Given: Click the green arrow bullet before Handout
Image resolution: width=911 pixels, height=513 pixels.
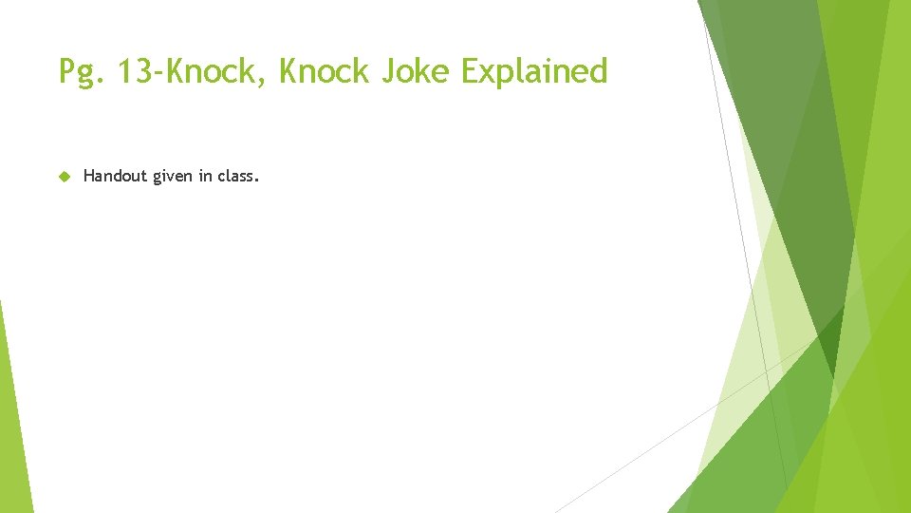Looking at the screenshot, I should click(x=65, y=176).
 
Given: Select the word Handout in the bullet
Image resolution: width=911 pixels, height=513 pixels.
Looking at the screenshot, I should click(x=115, y=176).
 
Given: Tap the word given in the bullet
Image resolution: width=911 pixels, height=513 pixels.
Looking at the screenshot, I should click(x=173, y=177).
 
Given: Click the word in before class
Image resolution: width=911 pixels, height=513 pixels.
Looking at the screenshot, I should click(x=205, y=176).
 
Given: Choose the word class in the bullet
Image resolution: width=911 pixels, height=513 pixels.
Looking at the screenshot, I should click(x=234, y=176).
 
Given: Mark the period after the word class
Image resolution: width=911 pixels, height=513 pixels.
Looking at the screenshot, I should click(x=256, y=180).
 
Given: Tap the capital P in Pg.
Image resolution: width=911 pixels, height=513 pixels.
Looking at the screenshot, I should click(x=66, y=70).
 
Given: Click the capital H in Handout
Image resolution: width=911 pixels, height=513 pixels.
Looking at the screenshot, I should click(x=88, y=176).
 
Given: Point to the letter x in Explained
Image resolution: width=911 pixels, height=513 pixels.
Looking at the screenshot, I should click(x=493, y=73).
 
